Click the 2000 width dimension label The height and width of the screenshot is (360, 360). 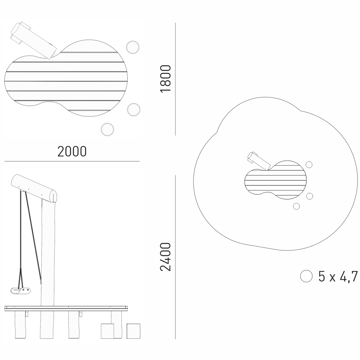[72, 151]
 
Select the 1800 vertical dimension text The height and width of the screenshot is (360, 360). [166, 78]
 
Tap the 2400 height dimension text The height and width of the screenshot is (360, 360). [166, 257]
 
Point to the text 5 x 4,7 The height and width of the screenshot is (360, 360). [338, 276]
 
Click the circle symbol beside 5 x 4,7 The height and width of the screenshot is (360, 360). [306, 276]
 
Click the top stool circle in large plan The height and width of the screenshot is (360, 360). [133, 47]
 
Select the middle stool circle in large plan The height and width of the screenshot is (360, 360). [134, 110]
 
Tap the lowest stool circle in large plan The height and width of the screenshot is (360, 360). [107, 130]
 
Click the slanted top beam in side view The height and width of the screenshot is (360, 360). [34, 188]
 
